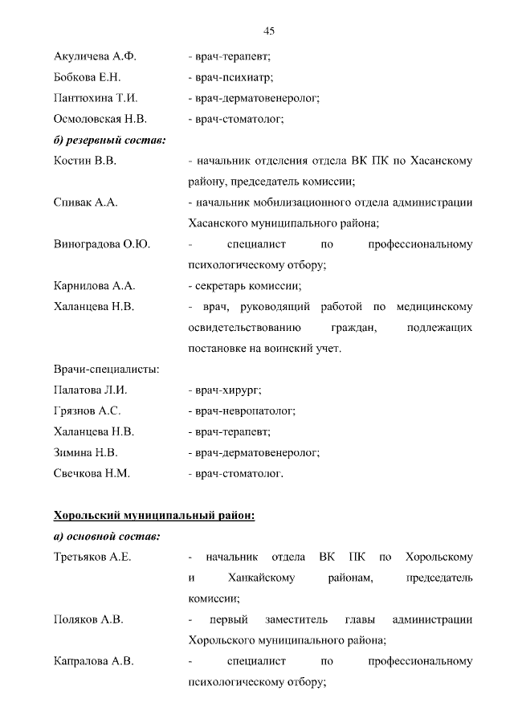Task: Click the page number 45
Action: pyautogui.click(x=269, y=31)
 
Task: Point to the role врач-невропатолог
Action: pyautogui.click(x=242, y=411)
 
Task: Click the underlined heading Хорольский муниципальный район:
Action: pyautogui.click(x=153, y=515)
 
